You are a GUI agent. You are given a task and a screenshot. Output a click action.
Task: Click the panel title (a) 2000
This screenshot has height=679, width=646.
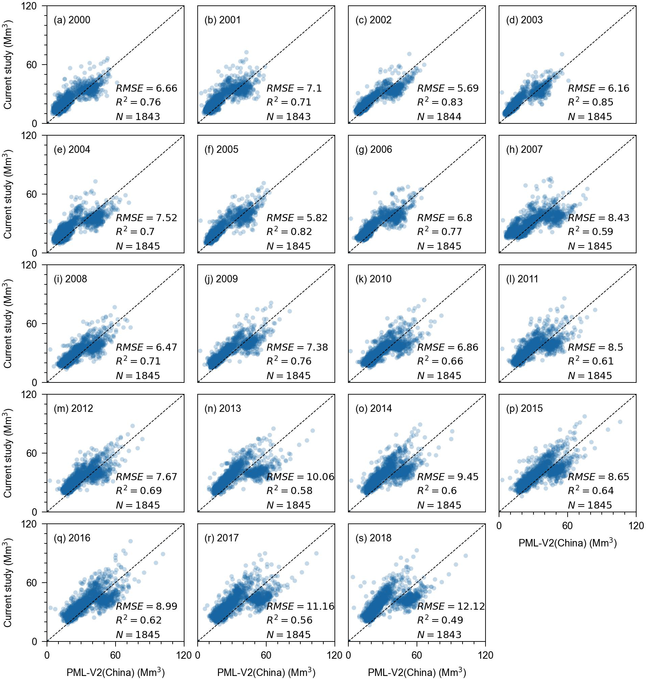pos(72,20)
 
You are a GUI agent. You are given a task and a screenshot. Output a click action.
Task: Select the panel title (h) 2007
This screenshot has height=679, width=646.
pos(524,149)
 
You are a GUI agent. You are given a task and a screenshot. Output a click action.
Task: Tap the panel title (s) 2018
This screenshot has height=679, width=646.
pos(373,538)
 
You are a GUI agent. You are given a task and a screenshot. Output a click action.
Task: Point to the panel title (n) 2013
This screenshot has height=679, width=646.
pos(222,408)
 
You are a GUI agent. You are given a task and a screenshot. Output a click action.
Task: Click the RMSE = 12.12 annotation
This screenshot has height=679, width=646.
pos(451,606)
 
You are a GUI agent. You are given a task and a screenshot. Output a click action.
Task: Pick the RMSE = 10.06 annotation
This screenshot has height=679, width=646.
pos(300,477)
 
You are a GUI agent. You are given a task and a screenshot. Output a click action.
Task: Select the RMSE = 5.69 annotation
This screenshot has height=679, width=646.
pos(448,88)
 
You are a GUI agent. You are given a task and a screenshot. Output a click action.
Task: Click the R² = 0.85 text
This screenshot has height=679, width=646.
pos(591,102)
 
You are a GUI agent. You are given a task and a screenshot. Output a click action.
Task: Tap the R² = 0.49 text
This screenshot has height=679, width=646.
pos(440,620)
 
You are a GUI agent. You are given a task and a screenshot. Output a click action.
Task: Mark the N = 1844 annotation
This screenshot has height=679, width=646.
pos(439,117)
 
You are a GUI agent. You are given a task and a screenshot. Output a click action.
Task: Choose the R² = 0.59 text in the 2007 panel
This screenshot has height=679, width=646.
pos(590,232)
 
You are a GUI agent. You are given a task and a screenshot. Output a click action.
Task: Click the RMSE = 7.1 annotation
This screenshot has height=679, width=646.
pos(294,88)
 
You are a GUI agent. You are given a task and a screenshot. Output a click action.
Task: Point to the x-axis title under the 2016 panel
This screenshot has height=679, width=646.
pos(115,673)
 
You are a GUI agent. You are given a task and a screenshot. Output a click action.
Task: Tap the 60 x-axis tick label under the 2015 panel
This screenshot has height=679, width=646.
pos(567,525)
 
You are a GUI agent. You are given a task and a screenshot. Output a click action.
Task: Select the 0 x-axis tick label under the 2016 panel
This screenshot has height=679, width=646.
pos(47,655)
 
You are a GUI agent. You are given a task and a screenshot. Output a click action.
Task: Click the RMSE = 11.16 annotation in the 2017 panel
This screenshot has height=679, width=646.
pos(300,606)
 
